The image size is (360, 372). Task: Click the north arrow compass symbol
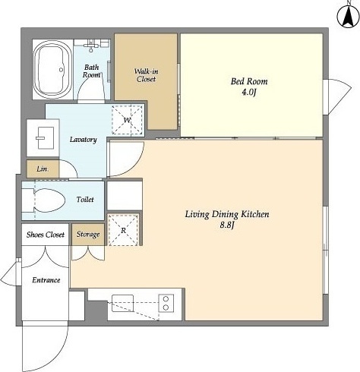(349, 15)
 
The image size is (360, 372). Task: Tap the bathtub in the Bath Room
(52, 69)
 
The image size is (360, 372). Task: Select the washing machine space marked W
(127, 120)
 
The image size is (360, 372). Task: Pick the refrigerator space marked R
(123, 230)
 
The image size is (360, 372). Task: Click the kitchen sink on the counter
(122, 303)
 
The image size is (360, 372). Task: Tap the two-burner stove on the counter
(166, 303)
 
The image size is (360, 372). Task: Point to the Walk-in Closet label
(147, 75)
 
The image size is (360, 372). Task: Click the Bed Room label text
(249, 81)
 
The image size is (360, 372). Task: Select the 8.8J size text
(226, 225)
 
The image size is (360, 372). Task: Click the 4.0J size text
(249, 92)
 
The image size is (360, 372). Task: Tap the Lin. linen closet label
(43, 169)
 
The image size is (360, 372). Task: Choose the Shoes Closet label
(46, 235)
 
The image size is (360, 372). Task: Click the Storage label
(88, 235)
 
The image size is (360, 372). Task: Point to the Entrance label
(46, 280)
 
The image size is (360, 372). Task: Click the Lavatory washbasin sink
(46, 138)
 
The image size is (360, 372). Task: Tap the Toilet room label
(85, 200)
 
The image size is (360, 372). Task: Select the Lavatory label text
(84, 140)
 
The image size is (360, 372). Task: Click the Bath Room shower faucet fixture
(91, 46)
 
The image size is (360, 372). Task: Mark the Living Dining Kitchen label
(227, 214)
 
